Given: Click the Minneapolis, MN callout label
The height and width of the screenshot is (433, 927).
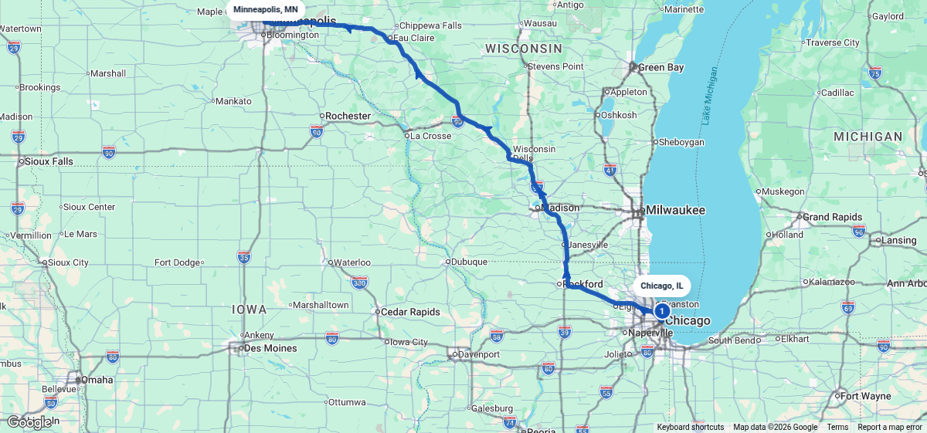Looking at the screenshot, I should pos(266,9).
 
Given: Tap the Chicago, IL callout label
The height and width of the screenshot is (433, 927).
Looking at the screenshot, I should pos(662,286).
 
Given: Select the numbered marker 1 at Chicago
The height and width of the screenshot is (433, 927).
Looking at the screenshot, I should pos(662,310).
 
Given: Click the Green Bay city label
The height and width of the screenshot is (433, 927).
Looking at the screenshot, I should pos(660,68).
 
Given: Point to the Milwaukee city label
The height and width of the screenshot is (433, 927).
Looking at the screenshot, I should pos(676,210).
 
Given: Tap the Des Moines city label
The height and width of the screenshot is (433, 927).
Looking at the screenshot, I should pos(271,348).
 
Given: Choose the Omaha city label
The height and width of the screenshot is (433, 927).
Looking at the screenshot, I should pos(98,380).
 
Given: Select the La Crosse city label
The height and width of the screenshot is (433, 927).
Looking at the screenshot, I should pos(430,136).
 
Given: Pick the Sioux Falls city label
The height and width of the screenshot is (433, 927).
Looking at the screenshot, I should pos(49,161).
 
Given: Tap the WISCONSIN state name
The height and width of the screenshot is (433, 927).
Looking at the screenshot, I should pos(523,49).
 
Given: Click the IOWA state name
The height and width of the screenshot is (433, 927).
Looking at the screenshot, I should pos(249,310).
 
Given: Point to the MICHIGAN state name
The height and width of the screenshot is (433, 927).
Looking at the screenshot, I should pos(868,137).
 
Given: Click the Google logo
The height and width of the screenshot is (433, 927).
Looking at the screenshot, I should pos(29,422).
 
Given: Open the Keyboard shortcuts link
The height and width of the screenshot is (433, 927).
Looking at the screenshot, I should pos(691,428).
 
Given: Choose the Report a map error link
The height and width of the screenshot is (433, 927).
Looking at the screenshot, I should pos(890,428).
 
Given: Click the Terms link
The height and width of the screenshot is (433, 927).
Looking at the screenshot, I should pos(837,428).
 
